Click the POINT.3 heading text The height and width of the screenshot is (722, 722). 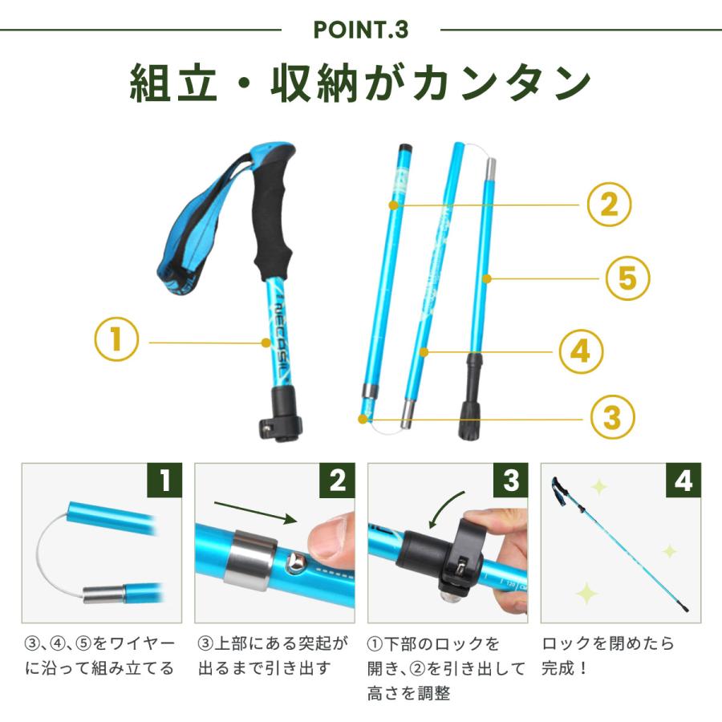click(x=361, y=30)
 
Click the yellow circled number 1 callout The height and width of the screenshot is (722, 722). click(x=116, y=339)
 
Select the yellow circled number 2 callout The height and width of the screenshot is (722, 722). click(x=609, y=204)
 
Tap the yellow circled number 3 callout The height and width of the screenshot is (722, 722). click(x=612, y=417)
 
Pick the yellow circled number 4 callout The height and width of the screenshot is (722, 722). click(x=581, y=351)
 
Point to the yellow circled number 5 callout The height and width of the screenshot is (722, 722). click(x=627, y=278)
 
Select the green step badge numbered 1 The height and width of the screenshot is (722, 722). click(x=164, y=480)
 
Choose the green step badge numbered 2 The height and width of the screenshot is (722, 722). click(x=337, y=480)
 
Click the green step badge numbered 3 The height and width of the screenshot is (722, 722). click(x=510, y=480)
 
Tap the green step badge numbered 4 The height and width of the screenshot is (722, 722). click(x=683, y=480)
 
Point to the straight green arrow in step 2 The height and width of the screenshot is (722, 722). click(x=256, y=512)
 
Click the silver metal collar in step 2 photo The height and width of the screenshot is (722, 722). click(x=250, y=561)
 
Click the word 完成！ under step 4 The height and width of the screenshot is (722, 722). click(x=565, y=667)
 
